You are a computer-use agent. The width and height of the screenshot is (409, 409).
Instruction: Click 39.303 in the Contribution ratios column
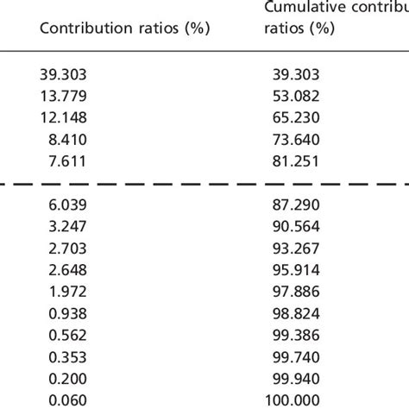click(63, 76)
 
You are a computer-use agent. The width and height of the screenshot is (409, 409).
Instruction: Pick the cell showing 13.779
click(63, 94)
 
